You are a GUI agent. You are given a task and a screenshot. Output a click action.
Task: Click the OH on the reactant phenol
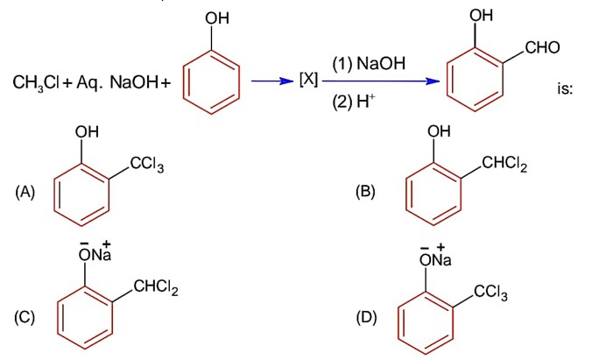point(214,18)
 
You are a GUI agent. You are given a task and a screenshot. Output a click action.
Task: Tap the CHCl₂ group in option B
point(504,162)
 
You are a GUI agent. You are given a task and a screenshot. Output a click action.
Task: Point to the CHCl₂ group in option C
point(153,291)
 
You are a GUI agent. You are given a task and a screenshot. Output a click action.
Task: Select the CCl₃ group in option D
point(493,291)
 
